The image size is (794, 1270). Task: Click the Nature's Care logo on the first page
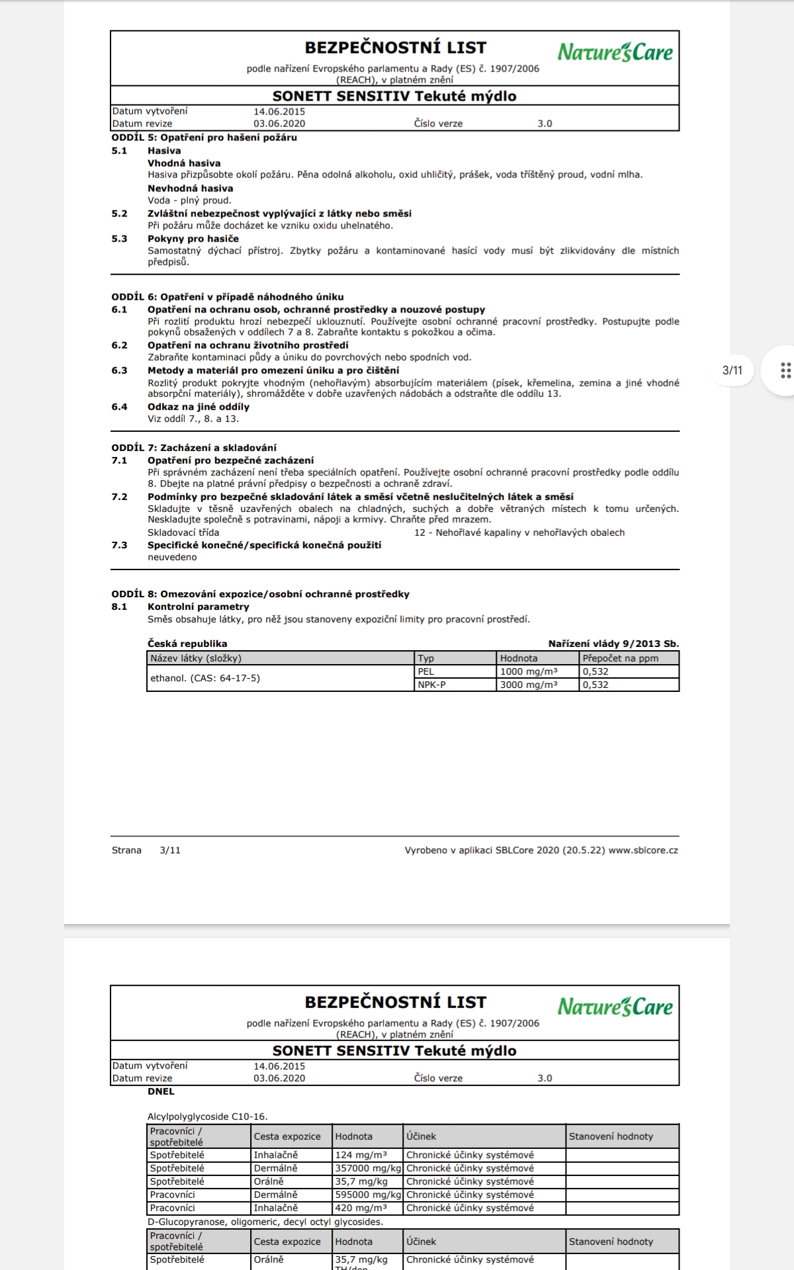coord(615,52)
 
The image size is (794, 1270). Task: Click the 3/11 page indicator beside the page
coord(732,370)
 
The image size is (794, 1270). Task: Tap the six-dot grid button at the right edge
coord(785,370)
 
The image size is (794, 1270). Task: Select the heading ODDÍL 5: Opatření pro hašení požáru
coord(204,138)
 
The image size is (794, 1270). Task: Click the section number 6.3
coord(119,370)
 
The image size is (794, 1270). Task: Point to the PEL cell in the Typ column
coord(426,671)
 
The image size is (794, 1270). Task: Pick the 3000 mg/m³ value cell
coord(529,685)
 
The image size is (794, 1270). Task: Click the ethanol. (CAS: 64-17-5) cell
coord(205,678)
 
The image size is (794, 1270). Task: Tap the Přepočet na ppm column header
coord(620,658)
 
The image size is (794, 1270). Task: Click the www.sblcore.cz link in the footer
coord(643,850)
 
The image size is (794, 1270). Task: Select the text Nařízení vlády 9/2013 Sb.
coord(613,644)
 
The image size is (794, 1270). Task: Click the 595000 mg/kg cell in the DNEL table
coord(368,1195)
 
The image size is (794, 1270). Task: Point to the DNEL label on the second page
coord(161,1091)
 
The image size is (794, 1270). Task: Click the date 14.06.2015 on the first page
coord(279,111)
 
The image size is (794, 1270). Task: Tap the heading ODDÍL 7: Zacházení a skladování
coord(194,448)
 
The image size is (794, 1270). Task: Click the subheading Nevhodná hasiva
coord(191,189)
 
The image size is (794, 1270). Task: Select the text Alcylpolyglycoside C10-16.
coord(208,1117)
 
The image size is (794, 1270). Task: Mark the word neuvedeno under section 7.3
coord(172,557)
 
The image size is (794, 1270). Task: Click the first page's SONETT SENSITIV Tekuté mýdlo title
coord(394,96)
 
